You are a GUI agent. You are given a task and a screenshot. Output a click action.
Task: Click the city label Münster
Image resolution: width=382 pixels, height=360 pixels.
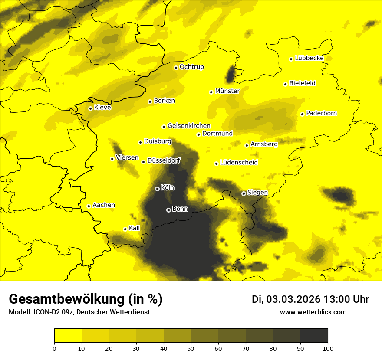click(227, 91)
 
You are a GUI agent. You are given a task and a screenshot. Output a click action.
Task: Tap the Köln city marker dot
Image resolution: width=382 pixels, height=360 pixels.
click(157, 189)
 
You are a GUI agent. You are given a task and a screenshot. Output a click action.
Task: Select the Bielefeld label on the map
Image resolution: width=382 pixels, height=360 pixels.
click(302, 83)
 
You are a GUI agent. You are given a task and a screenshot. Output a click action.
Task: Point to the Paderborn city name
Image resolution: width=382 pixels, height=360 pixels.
click(321, 114)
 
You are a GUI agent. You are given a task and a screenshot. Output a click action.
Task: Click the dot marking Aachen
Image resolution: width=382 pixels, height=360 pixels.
click(89, 206)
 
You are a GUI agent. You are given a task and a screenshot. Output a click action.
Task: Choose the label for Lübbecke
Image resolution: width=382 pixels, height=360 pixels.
click(309, 58)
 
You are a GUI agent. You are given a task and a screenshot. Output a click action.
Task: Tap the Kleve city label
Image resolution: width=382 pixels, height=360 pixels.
click(102, 108)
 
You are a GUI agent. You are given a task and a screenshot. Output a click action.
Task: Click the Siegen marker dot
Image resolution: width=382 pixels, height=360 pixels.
click(244, 193)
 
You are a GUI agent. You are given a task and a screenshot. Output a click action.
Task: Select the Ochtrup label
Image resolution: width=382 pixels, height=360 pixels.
click(191, 67)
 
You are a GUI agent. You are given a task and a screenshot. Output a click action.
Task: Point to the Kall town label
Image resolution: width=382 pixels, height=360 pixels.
click(134, 228)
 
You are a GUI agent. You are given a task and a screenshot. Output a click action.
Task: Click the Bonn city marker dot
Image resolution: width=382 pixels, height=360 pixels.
click(168, 210)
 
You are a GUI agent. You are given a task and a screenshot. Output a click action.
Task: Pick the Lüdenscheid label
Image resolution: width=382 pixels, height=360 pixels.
click(239, 163)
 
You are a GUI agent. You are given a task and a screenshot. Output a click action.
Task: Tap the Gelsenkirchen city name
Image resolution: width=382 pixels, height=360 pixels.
click(189, 126)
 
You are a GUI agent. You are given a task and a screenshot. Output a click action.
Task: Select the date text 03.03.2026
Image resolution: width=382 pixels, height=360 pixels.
click(293, 299)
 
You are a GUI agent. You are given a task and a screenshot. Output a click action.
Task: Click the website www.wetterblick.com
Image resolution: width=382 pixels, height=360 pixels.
click(313, 312)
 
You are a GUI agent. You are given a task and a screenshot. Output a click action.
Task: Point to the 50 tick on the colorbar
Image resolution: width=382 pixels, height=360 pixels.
click(191, 348)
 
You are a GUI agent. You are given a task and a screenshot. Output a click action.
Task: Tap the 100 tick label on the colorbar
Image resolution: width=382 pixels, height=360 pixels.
click(328, 348)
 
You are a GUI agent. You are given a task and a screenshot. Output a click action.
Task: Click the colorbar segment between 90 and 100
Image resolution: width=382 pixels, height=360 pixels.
click(314, 335)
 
